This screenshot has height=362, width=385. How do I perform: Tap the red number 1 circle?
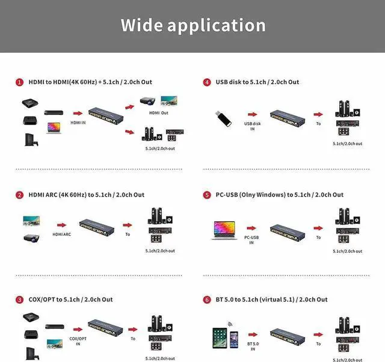tap(20, 82)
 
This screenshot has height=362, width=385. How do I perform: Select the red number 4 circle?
tap(207, 82)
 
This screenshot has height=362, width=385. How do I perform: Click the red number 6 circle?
tap(207, 299)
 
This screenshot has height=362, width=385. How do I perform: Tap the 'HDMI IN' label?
tap(78, 122)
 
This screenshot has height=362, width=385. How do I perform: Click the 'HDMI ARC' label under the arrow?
tap(62, 235)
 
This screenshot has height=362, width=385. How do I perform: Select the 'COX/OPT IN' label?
tap(78, 340)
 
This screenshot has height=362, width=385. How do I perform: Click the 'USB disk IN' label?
tap(252, 126)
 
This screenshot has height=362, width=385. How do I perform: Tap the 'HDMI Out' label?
tap(159, 112)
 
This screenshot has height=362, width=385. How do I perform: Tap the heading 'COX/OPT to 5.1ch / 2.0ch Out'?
tap(70, 299)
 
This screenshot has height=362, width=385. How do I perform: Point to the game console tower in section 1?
tap(28, 140)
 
